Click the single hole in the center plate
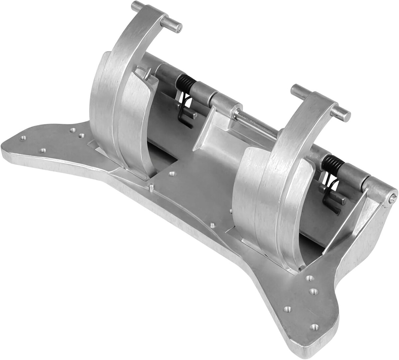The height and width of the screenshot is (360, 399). [x=172, y=173]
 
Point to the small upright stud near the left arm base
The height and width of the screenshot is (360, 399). [x=151, y=189]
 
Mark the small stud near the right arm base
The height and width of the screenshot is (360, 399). [x=212, y=225]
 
